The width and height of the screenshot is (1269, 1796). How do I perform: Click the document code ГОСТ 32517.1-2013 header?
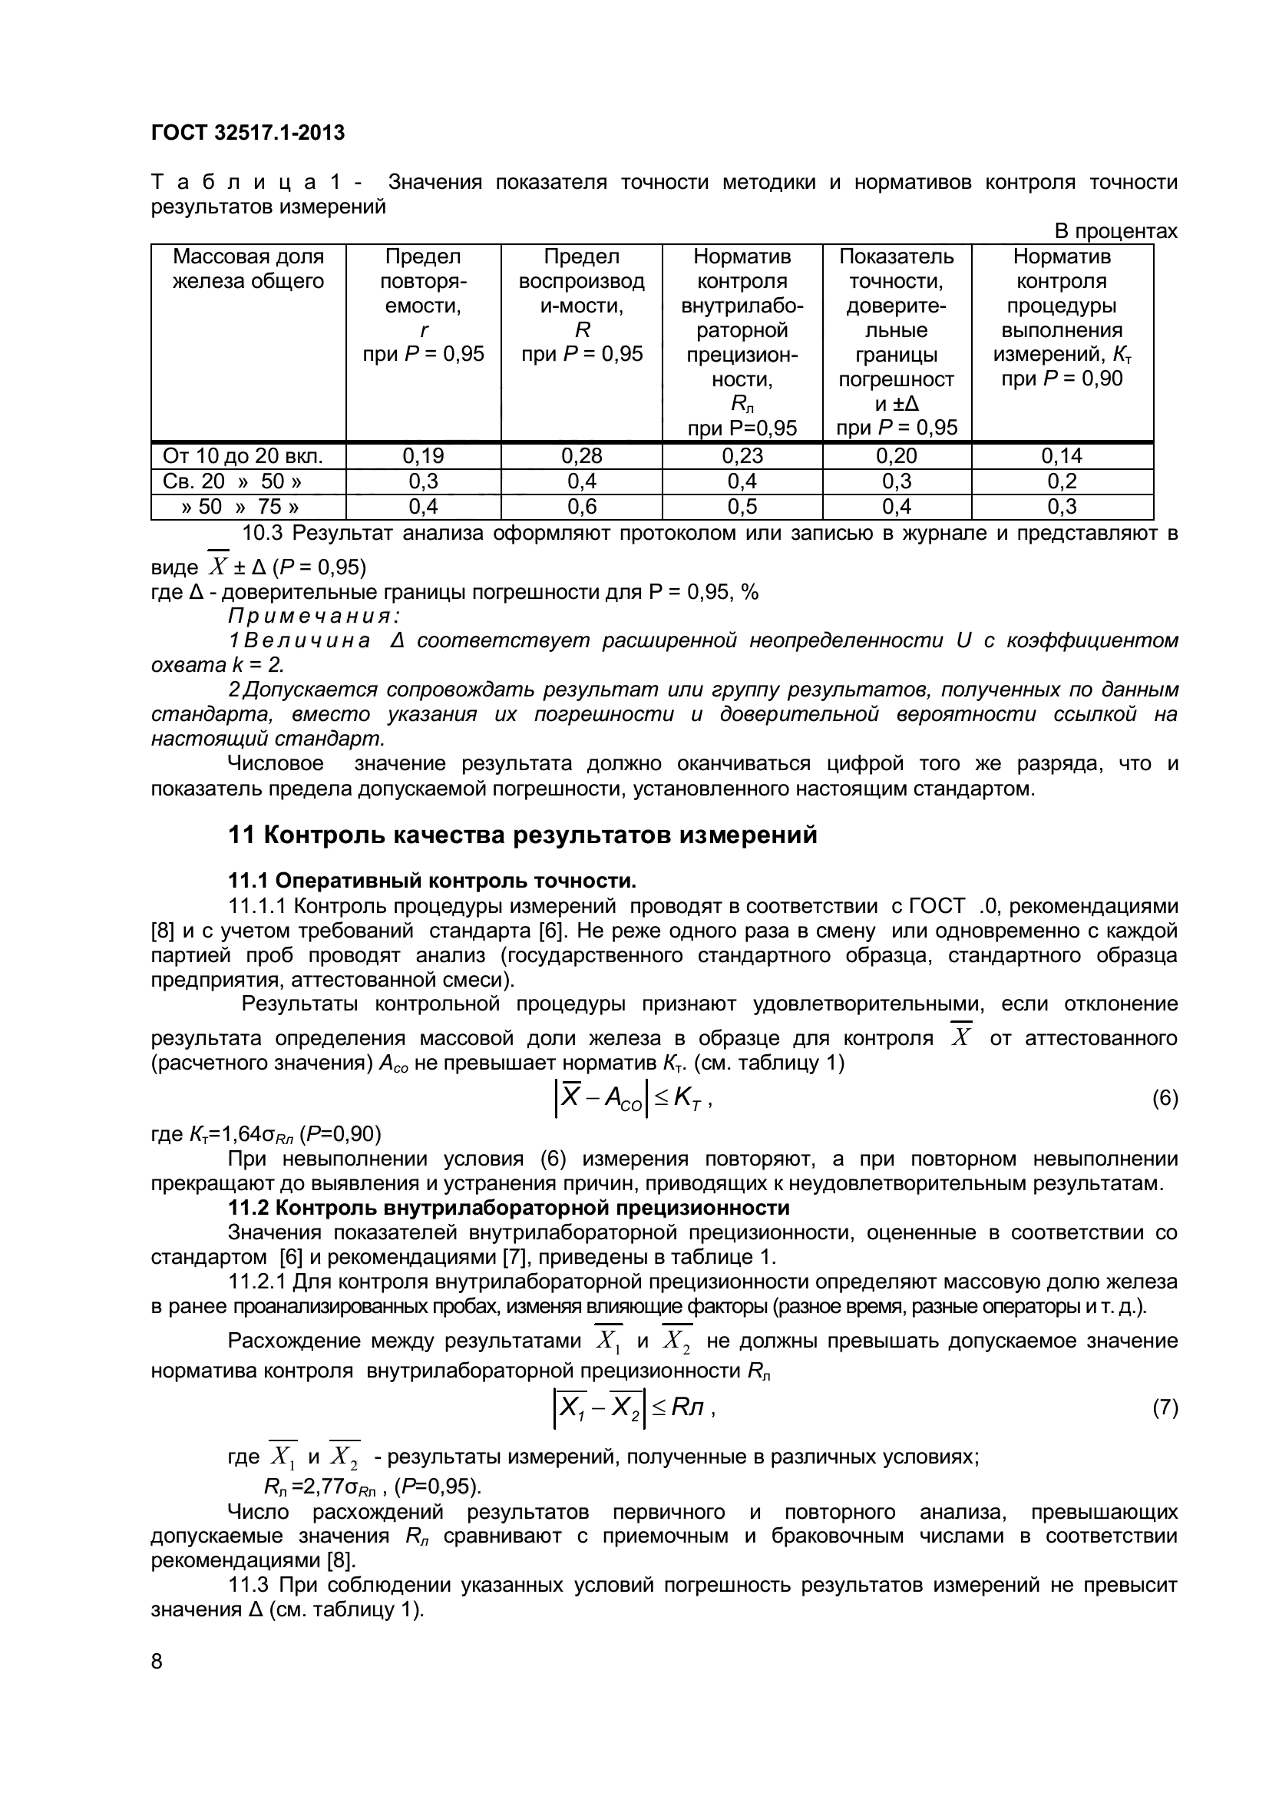[247, 133]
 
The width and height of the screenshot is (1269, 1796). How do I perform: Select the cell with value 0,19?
[423, 456]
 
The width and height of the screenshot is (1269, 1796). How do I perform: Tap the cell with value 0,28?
[582, 456]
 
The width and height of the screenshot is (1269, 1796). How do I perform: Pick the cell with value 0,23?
[742, 456]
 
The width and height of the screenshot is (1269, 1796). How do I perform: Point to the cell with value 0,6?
[582, 507]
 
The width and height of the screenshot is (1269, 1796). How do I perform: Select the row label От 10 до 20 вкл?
[243, 456]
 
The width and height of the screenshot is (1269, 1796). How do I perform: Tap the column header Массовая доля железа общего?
[248, 268]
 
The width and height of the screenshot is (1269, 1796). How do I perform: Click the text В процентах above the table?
[1115, 232]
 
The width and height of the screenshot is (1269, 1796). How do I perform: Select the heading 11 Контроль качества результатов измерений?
[522, 835]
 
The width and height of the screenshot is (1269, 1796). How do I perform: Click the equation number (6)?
[1165, 1099]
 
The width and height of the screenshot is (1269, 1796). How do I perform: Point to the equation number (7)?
[1165, 1408]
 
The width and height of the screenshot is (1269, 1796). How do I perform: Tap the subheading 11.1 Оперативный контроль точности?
[431, 881]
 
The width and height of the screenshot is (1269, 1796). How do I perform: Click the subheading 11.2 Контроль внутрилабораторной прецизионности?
[508, 1208]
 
